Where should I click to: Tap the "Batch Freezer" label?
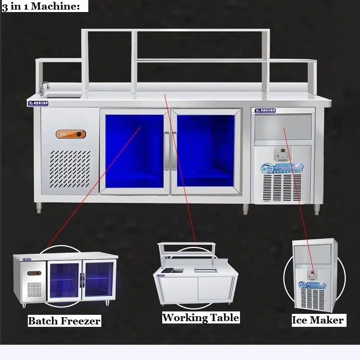click(x=64, y=321)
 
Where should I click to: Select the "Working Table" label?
click(x=200, y=317)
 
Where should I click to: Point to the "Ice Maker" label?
click(x=318, y=320)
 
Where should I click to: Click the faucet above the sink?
click(x=45, y=87)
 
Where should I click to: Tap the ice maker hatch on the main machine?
click(x=283, y=127)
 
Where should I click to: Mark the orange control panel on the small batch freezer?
click(x=33, y=274)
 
